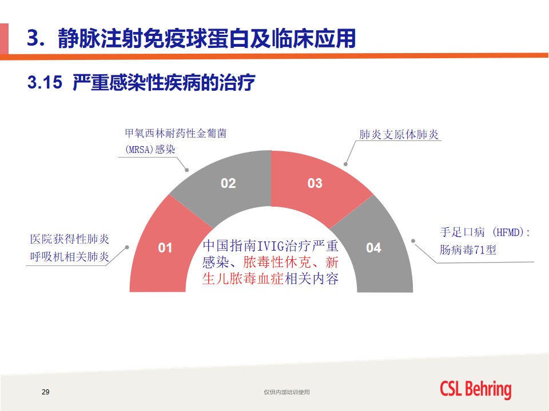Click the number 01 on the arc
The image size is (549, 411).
[165, 248]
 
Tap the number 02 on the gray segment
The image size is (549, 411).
[228, 183]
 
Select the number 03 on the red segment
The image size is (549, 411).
[315, 183]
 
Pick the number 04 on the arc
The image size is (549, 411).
[373, 248]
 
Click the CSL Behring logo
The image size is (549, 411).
[475, 389]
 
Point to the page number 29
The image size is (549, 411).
[46, 392]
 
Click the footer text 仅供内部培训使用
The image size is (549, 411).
[287, 392]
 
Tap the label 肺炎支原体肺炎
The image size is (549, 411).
[399, 135]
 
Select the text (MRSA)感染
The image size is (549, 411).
[150, 150]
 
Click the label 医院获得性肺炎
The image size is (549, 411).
[70, 239]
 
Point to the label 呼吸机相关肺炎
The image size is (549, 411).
[70, 257]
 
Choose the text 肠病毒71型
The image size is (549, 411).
[468, 250]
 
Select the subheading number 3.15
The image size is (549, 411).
[45, 82]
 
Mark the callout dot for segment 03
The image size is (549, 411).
[345, 164]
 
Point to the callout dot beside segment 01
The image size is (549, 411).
[127, 247]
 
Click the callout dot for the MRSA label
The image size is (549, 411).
[187, 170]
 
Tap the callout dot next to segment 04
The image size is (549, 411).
[413, 241]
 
